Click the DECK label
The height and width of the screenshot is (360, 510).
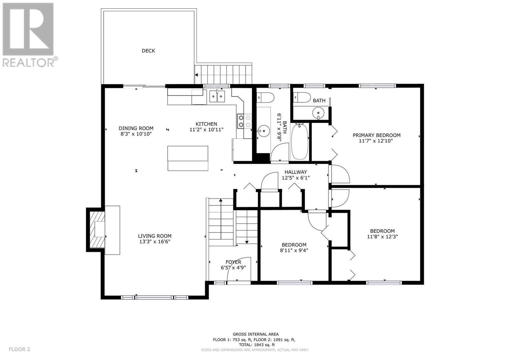tap(148, 51)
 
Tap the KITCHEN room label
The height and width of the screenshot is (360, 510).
tap(206, 124)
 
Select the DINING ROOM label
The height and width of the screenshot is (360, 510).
tap(136, 128)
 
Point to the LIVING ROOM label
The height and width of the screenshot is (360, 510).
tap(155, 236)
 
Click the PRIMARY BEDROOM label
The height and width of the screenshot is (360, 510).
tap(376, 135)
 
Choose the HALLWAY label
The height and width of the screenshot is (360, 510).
tap(295, 172)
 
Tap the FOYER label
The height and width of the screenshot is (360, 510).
tap(233, 262)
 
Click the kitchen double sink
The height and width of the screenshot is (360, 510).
tap(217, 97)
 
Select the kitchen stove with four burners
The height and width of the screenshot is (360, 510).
tap(244, 121)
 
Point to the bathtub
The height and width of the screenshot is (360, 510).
tap(300, 141)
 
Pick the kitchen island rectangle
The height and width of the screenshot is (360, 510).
tap(188, 158)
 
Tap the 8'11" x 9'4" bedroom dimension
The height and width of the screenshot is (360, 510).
tap(294, 250)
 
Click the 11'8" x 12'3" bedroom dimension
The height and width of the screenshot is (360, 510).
tap(382, 237)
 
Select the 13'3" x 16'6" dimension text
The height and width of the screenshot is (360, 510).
tap(155, 242)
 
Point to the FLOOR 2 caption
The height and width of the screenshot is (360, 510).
tap(19, 349)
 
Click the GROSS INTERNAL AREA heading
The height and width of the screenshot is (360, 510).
tap(255, 334)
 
